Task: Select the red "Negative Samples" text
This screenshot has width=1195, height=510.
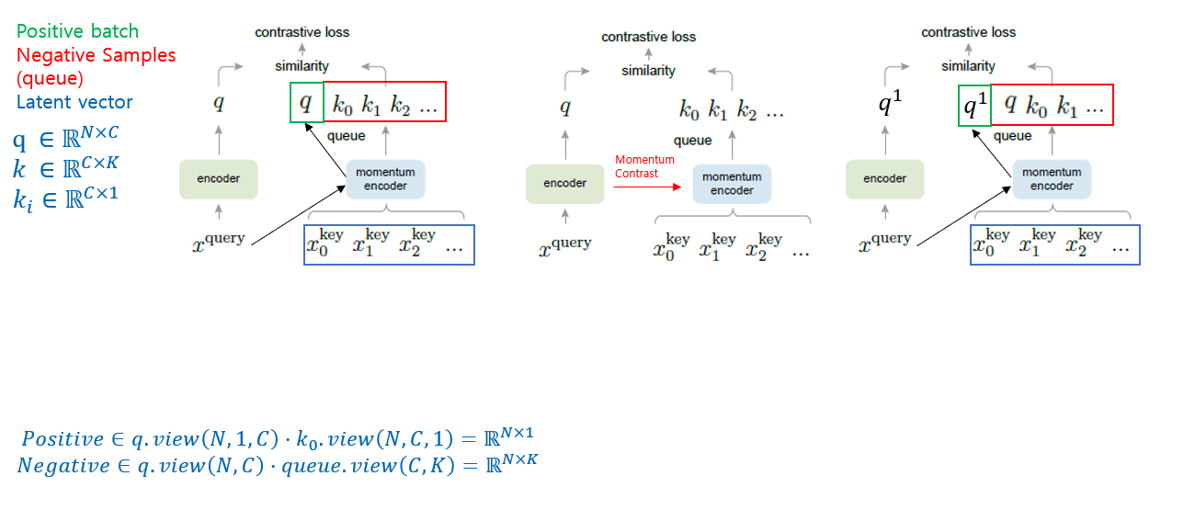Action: tap(96, 55)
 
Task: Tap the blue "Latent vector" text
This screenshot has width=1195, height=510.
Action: tap(74, 102)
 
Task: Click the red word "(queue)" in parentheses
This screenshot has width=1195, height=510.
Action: tap(50, 78)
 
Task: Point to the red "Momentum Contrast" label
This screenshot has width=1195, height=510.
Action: tap(644, 166)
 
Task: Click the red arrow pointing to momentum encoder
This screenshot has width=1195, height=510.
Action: tap(648, 186)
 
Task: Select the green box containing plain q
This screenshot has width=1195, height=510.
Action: tap(307, 102)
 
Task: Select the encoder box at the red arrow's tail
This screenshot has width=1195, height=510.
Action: tap(564, 183)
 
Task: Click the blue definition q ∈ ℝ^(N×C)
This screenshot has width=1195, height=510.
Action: tap(65, 140)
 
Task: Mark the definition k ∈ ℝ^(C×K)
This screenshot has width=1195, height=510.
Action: tap(65, 169)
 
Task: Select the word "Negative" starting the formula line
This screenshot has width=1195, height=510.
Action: tap(63, 466)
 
